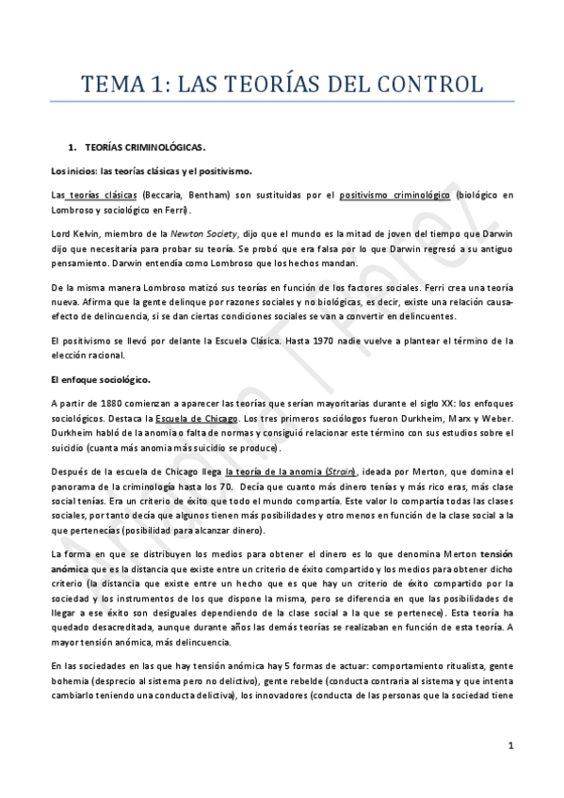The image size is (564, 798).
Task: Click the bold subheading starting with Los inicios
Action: click(x=151, y=170)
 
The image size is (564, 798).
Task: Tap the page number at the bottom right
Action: click(x=509, y=745)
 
